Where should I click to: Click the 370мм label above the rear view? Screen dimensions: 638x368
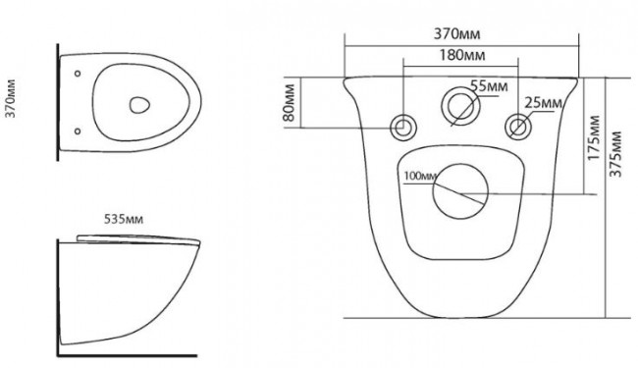(x=456, y=33)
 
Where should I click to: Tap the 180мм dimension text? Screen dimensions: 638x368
(x=462, y=55)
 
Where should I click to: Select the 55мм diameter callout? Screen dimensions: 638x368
(x=489, y=86)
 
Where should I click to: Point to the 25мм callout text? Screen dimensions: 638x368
(x=543, y=103)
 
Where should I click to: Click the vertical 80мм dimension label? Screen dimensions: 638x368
(x=289, y=102)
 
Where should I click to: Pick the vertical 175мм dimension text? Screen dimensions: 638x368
(x=594, y=137)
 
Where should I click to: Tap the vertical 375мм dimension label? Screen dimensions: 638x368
(x=616, y=154)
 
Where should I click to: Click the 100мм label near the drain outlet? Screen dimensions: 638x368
(x=420, y=176)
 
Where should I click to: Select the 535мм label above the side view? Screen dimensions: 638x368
(x=124, y=219)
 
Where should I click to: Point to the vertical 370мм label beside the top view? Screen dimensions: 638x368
(x=11, y=99)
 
